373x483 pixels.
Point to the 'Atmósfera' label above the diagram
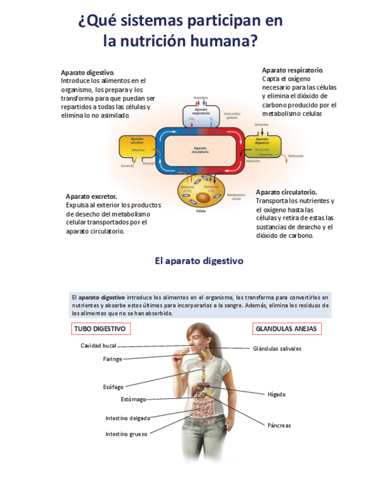[x=200, y=97]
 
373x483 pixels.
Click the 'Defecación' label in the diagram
[x=295, y=156]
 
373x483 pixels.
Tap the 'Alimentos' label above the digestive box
[x=261, y=124]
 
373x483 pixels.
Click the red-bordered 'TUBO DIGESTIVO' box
[x=101, y=329]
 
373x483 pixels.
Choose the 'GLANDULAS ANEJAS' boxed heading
[x=287, y=329]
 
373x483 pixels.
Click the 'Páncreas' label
[x=279, y=425]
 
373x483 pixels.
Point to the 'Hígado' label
[x=276, y=394]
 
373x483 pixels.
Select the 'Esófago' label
[x=113, y=387]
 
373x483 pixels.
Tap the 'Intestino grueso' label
[x=126, y=434]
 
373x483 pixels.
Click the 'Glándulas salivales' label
[x=277, y=349]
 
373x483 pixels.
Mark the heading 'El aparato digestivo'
[x=199, y=261]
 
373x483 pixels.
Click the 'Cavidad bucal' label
[x=99, y=346]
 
